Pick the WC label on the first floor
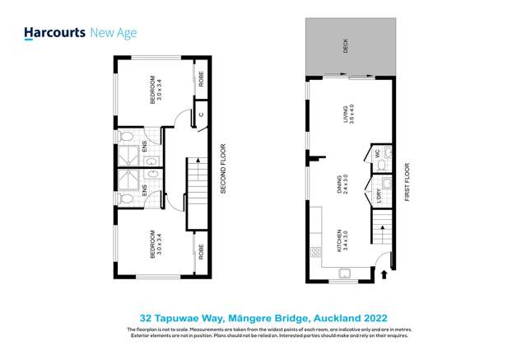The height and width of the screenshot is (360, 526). [376, 153]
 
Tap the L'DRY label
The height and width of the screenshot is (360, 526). [379, 197]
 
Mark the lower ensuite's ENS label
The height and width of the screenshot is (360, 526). [145, 189]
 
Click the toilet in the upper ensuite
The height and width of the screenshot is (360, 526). [124, 137]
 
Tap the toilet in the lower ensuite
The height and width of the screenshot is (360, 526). [124, 199]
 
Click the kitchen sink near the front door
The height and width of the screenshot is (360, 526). [344, 273]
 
